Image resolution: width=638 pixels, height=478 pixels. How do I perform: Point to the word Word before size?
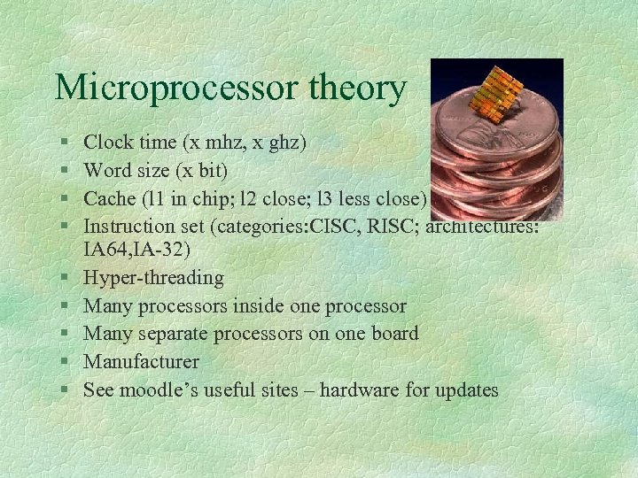106,170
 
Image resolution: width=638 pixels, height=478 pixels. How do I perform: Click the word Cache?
109,198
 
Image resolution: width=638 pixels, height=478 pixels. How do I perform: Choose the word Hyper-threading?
153,279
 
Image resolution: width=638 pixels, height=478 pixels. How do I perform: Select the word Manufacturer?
141,362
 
